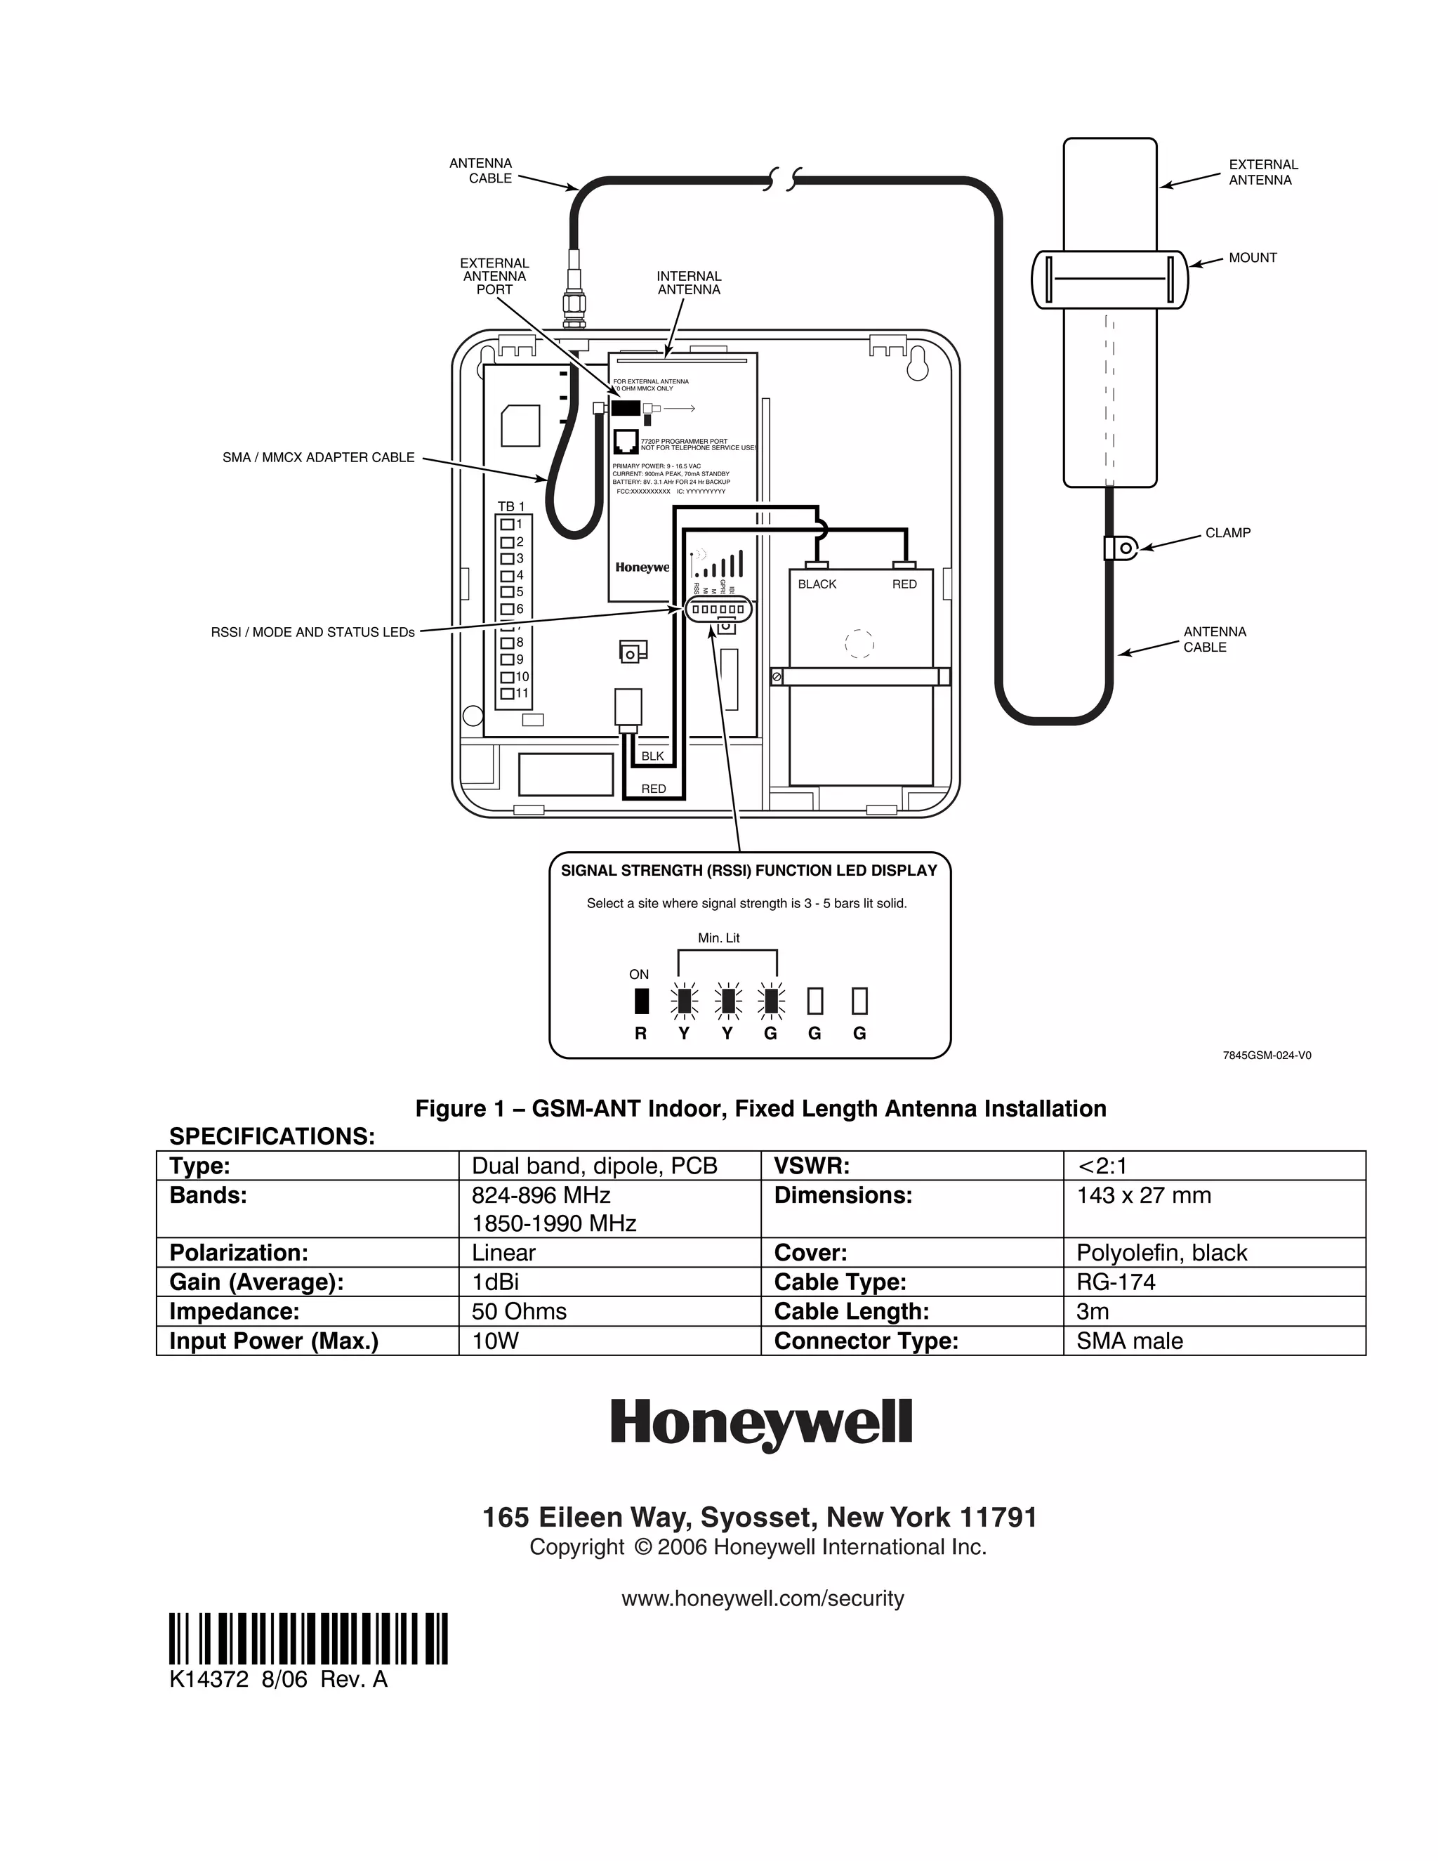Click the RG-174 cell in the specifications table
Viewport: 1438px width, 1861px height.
(1116, 1282)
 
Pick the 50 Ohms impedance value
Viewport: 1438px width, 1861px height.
(519, 1310)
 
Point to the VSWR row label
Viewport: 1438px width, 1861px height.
(812, 1166)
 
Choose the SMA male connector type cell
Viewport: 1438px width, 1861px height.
(1130, 1341)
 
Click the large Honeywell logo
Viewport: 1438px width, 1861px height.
(760, 1424)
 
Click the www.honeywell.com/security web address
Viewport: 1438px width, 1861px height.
(763, 1598)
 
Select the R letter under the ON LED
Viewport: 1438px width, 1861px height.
(640, 1034)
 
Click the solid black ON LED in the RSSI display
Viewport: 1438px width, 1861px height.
(642, 1000)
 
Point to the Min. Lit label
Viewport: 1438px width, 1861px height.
(718, 938)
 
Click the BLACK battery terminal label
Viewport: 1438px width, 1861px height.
(817, 584)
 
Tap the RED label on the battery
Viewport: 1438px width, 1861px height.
(904, 584)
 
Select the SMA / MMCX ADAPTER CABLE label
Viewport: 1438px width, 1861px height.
(319, 458)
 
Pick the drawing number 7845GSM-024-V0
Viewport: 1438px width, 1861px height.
(1267, 1055)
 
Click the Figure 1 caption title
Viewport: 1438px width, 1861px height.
(760, 1109)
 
